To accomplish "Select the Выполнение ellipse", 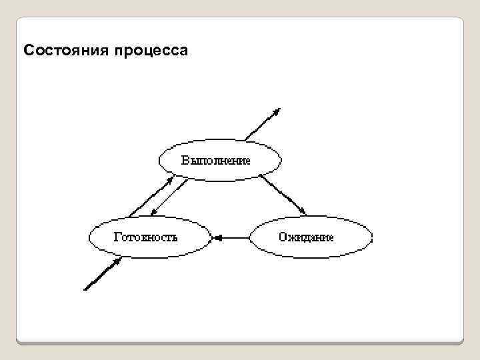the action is (x=220, y=160).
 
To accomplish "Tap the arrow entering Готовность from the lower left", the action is (x=102, y=275).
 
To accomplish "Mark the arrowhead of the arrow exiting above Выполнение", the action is (x=277, y=111).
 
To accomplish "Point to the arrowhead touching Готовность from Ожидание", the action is (x=216, y=237).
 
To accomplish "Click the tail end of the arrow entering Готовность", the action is (x=85, y=289).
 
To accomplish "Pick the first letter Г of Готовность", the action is (x=117, y=237).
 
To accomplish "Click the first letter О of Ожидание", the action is (x=283, y=237).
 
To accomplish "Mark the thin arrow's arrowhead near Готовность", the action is (x=153, y=213).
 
